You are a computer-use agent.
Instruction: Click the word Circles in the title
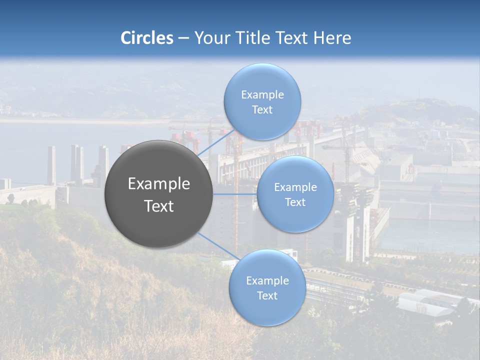(x=147, y=38)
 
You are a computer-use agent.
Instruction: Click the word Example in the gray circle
(x=159, y=184)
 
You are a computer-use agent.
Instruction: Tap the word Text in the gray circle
(x=159, y=206)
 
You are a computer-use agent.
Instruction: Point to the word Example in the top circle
(x=262, y=95)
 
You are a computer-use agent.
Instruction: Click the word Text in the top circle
(x=262, y=110)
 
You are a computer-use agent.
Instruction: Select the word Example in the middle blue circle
(x=295, y=187)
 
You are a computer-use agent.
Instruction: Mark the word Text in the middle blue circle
(x=295, y=202)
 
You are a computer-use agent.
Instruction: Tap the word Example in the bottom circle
(x=267, y=281)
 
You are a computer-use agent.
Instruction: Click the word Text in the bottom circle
(x=267, y=296)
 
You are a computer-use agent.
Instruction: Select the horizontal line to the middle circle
(x=235, y=194)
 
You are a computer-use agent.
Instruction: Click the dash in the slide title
(x=183, y=38)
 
